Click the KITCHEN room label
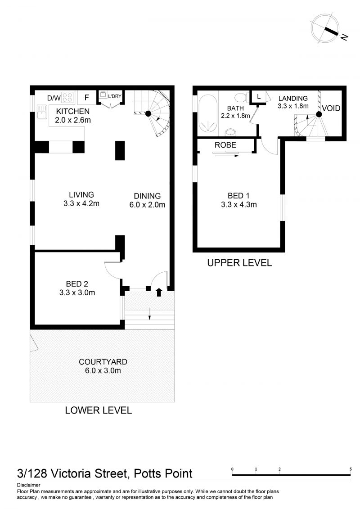pos(73,111)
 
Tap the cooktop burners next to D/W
pos(67,97)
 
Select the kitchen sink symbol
pos(42,112)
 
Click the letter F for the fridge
pos(87,97)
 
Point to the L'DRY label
pos(115,96)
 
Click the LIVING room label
pos(81,195)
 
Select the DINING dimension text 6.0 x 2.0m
pos(148,205)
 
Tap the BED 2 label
pos(77,284)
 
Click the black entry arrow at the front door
pos(159,292)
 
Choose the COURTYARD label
pos(103,362)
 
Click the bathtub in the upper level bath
pos(207,113)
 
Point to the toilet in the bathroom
pos(241,97)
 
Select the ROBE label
pos(225,145)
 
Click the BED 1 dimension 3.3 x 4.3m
pos(239,204)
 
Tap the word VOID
pos(331,108)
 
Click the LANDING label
pos(293,98)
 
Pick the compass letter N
pos(344,37)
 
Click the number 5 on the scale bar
pos(351,469)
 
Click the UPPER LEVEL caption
pos(239,263)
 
